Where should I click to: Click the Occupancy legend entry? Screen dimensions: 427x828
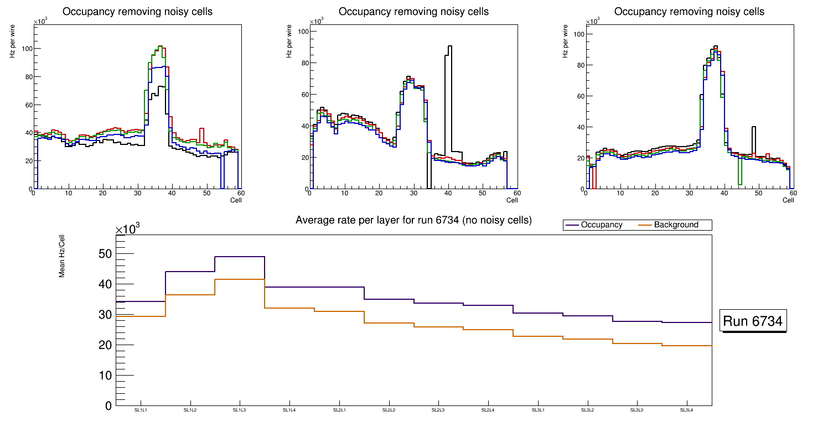[601, 225]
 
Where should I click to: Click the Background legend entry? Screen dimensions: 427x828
[676, 225]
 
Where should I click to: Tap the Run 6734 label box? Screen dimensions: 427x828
[753, 321]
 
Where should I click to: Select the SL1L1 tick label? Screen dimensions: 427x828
[141, 410]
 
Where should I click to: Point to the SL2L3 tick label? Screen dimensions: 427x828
[438, 410]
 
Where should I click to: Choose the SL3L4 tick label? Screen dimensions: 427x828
[686, 410]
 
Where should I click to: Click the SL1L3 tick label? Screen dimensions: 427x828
[240, 410]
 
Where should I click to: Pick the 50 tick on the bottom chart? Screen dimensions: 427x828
[105, 254]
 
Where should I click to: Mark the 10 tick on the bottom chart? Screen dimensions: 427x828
[105, 376]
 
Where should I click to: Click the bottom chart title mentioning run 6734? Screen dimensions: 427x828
[413, 220]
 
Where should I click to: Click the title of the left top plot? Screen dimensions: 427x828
[138, 12]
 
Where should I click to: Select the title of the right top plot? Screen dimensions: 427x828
[689, 12]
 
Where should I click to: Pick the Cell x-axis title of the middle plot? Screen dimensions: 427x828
[512, 200]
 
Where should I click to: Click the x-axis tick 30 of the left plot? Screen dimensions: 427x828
[137, 193]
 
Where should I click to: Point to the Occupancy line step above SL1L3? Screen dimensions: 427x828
[240, 257]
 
